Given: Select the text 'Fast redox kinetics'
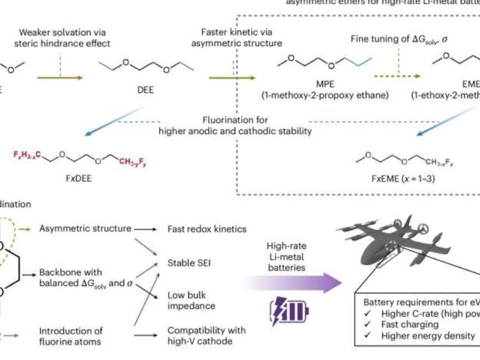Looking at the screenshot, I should click(207, 229).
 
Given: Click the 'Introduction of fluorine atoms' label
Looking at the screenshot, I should click(71, 336).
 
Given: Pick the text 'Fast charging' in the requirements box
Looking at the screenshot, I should click(409, 324).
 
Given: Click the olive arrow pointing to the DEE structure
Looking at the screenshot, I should click(59, 77).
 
